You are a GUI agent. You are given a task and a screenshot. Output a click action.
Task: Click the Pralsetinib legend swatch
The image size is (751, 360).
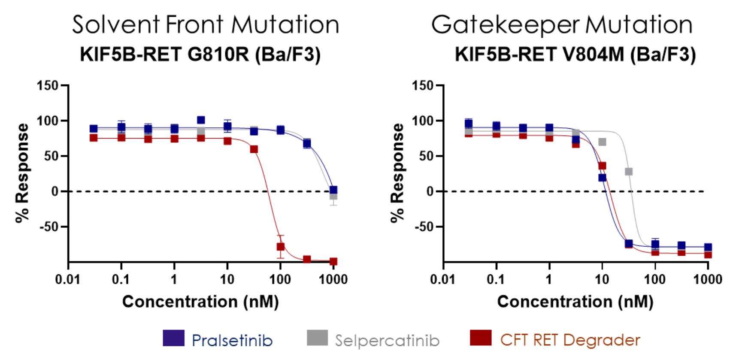coord(173,338)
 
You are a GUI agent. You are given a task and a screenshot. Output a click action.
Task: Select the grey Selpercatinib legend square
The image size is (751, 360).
coord(317,338)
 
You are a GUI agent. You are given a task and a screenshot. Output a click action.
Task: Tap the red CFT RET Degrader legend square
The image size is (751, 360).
coord(481,338)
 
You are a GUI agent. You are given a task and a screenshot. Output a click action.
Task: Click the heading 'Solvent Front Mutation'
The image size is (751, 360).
coord(206,24)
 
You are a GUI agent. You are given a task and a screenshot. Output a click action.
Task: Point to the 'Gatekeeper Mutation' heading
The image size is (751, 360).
coord(562,24)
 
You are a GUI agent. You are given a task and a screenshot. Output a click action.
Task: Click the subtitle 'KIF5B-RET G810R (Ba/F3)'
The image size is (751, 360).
coord(200,55)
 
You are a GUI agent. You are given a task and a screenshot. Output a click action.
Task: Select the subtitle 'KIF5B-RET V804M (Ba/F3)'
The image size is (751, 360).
coord(575,55)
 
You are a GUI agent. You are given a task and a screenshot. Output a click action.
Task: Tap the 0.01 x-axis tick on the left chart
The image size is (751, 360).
coord(68,280)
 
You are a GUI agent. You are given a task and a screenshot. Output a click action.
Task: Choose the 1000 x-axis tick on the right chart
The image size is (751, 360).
coord(708,280)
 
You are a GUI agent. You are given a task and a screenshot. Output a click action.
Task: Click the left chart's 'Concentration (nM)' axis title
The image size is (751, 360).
coord(200,302)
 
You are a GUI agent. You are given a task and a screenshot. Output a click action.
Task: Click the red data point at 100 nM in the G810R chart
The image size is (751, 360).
coord(281,247)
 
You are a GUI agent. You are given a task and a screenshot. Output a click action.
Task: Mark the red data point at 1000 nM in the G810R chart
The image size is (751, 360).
coord(333,261)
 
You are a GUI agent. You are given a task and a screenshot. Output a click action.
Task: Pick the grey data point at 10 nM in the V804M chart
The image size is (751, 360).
coord(603,142)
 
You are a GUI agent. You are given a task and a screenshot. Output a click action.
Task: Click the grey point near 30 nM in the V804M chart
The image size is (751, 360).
coord(629,172)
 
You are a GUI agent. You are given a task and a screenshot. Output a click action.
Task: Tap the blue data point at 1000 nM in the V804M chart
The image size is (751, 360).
coord(708,247)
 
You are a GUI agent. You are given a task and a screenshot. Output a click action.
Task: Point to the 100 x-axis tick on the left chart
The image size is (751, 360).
coord(280,280)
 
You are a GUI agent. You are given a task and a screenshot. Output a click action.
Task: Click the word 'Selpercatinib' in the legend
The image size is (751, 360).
coord(388,341)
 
